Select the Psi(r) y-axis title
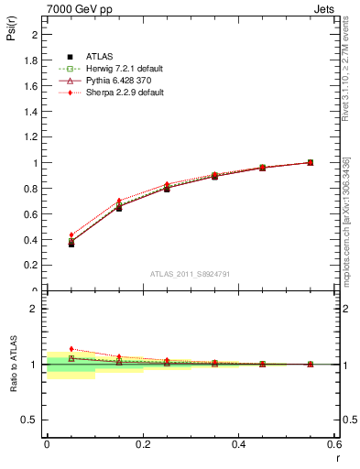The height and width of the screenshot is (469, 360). click(11, 34)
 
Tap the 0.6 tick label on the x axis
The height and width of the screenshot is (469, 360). click(334, 443)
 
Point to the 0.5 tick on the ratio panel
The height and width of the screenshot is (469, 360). click(32, 420)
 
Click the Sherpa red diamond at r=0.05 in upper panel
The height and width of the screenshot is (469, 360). click(71, 235)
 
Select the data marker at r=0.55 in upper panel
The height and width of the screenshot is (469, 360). click(311, 162)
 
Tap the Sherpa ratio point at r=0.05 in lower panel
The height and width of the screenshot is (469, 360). click(71, 349)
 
